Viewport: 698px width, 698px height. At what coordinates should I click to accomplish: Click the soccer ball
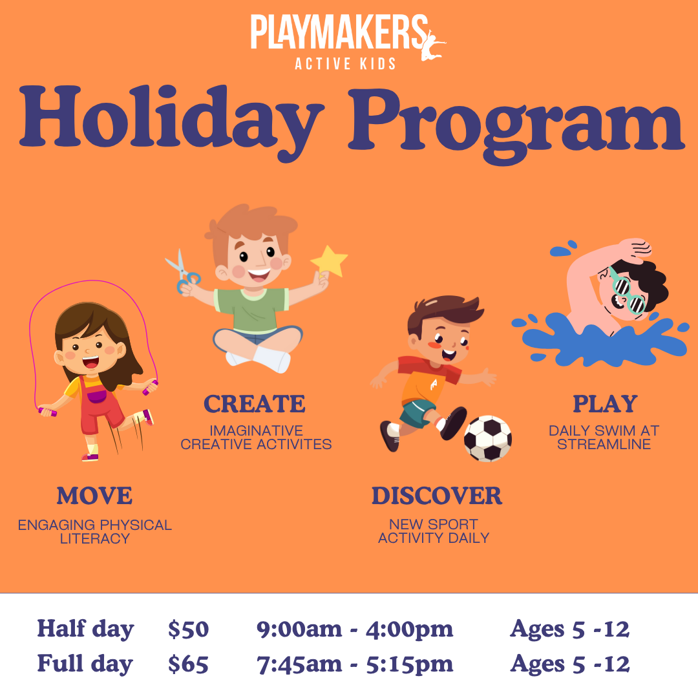coord(488,438)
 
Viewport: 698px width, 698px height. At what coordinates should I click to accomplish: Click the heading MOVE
coord(94,496)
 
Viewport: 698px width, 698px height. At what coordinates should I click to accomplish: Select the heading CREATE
coord(255,404)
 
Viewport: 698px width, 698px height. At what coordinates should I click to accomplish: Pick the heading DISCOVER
coord(436,496)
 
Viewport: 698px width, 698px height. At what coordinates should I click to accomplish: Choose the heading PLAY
coord(605,404)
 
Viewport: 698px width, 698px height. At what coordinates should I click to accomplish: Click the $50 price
coord(188,629)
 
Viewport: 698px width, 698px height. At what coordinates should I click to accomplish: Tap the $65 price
coord(188,664)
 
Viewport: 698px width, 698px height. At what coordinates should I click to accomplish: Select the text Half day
coord(85,629)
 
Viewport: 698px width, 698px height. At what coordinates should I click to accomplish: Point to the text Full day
coord(85,664)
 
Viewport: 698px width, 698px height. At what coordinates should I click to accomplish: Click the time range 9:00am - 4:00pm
coord(355,629)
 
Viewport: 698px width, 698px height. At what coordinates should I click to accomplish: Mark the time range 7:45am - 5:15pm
coord(355,664)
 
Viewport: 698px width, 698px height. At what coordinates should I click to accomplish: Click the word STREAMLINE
coord(604,445)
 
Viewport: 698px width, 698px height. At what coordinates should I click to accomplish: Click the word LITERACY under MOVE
coord(95,538)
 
